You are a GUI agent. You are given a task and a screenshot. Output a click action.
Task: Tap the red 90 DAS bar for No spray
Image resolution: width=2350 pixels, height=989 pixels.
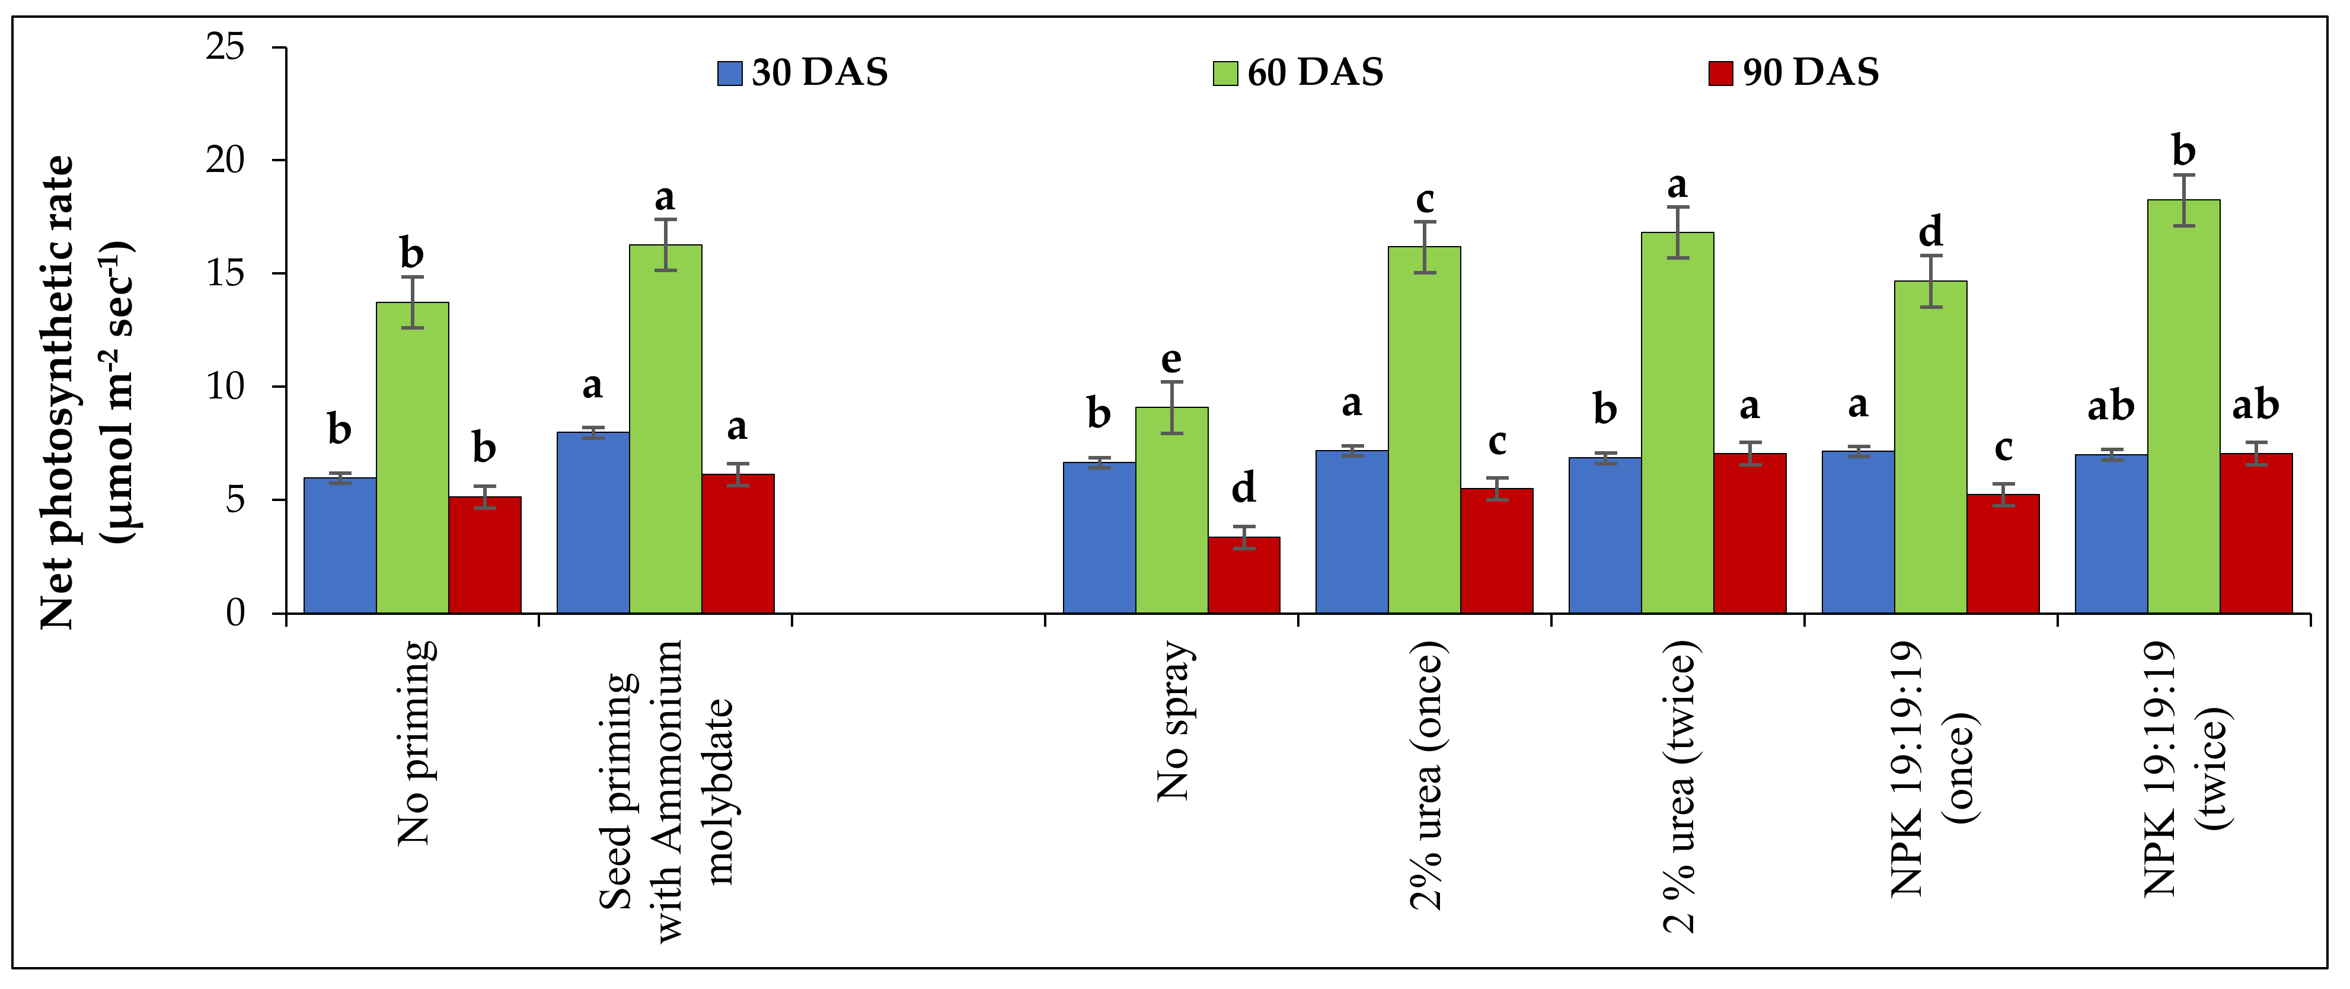click(x=1243, y=575)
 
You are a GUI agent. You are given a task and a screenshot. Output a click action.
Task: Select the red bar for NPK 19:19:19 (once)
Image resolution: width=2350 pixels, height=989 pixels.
click(x=2003, y=553)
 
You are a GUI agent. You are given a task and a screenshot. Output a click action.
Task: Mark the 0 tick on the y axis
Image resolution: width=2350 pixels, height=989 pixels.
click(x=235, y=613)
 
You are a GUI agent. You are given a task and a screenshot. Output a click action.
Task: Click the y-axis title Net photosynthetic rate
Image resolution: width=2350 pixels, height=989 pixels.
click(x=56, y=393)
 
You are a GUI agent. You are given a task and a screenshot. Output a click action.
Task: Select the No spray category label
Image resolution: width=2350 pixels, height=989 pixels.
click(x=1174, y=721)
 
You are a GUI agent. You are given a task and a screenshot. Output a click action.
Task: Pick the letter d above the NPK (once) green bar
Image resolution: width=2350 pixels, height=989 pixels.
click(x=1930, y=232)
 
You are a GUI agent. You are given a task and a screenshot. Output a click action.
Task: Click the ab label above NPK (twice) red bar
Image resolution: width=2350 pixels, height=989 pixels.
click(x=2255, y=405)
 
